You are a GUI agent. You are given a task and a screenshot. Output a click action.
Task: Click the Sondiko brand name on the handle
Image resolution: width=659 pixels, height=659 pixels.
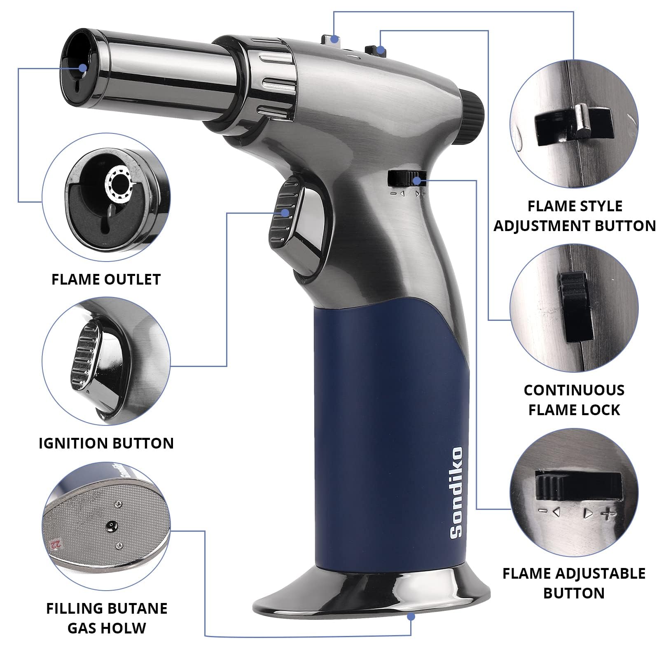[x=456, y=493]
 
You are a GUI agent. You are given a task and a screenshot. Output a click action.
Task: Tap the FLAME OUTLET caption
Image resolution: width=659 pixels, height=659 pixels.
[x=106, y=279]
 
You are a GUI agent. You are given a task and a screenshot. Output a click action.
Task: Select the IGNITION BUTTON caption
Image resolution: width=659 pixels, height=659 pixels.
[x=106, y=443]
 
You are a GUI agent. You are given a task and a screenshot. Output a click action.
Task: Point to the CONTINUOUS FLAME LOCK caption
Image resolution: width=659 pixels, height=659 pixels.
[x=574, y=400]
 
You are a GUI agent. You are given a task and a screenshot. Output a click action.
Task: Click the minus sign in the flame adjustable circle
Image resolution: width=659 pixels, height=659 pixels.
[x=543, y=512]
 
